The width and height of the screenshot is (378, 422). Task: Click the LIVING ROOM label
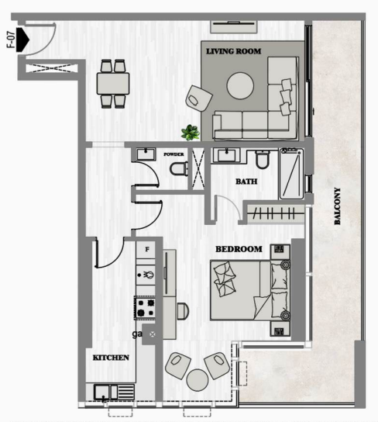[x=233, y=51]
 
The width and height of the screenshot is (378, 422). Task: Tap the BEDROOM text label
[x=239, y=249]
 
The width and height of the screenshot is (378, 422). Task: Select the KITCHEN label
[x=111, y=358]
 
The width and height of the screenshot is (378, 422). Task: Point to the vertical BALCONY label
[x=337, y=206]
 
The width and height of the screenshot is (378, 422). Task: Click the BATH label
[x=246, y=182]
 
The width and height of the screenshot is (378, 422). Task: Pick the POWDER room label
[x=174, y=154]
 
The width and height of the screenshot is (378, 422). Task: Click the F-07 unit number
[x=11, y=40]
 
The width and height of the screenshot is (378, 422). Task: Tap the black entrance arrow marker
[x=22, y=40]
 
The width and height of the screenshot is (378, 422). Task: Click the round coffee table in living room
[x=240, y=86]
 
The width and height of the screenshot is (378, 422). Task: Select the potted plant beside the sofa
[x=191, y=133]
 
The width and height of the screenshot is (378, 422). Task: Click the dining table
[x=113, y=84]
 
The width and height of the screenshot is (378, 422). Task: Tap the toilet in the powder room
[x=179, y=169]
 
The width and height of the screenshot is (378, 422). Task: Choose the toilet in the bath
[x=263, y=160]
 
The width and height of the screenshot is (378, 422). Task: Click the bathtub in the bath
[x=291, y=174]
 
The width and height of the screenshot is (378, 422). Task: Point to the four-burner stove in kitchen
[x=145, y=308]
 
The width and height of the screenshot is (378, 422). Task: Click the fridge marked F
[x=146, y=250]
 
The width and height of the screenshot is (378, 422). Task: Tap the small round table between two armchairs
[x=198, y=380]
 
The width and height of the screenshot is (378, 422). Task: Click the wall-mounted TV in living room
[x=234, y=26]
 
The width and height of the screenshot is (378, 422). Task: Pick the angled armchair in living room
[x=199, y=99]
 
